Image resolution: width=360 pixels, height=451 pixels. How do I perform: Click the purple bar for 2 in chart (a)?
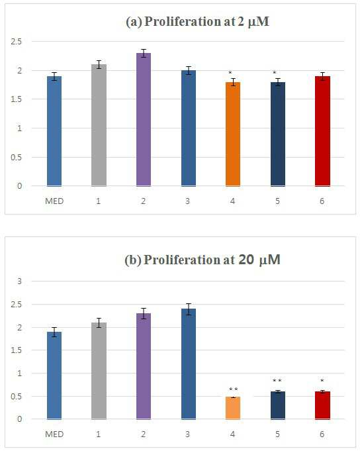pyautogui.click(x=144, y=119)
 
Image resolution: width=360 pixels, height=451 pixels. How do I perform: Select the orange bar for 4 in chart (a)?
pyautogui.click(x=233, y=134)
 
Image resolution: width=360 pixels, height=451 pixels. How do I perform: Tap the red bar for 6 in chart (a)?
pyautogui.click(x=322, y=131)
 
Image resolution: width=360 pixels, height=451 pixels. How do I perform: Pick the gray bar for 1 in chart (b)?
pyautogui.click(x=99, y=371)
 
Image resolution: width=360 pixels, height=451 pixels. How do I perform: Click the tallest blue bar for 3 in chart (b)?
pyautogui.click(x=189, y=364)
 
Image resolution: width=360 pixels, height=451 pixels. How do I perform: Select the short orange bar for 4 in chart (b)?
pyautogui.click(x=233, y=408)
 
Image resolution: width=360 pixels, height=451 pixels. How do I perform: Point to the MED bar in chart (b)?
pyautogui.click(x=54, y=376)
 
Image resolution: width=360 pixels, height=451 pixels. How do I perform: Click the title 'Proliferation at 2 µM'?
pyautogui.click(x=197, y=22)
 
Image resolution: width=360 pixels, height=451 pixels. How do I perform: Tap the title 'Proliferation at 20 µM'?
pyautogui.click(x=202, y=260)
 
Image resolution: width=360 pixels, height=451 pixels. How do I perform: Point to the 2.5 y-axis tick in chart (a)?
pyautogui.click(x=16, y=42)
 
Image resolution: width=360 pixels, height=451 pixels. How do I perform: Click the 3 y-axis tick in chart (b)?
pyautogui.click(x=20, y=281)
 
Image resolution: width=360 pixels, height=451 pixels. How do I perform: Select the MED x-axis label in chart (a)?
pyautogui.click(x=54, y=201)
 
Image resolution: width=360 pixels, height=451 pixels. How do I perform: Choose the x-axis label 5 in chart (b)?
pyautogui.click(x=277, y=434)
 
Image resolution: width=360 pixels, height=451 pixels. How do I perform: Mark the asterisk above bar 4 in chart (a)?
pyautogui.click(x=230, y=72)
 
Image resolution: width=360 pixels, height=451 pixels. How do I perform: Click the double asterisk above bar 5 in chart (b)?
pyautogui.click(x=277, y=381)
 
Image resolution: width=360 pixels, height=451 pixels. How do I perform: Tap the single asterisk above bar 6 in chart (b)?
pyautogui.click(x=322, y=381)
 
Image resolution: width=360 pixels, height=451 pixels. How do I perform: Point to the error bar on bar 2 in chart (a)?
pyautogui.click(x=144, y=53)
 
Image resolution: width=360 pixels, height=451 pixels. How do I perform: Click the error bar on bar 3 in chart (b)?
pyautogui.click(x=189, y=309)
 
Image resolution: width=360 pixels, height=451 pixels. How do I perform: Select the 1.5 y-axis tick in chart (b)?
pyautogui.click(x=16, y=350)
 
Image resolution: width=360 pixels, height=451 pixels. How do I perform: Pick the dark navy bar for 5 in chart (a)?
pyautogui.click(x=278, y=134)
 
